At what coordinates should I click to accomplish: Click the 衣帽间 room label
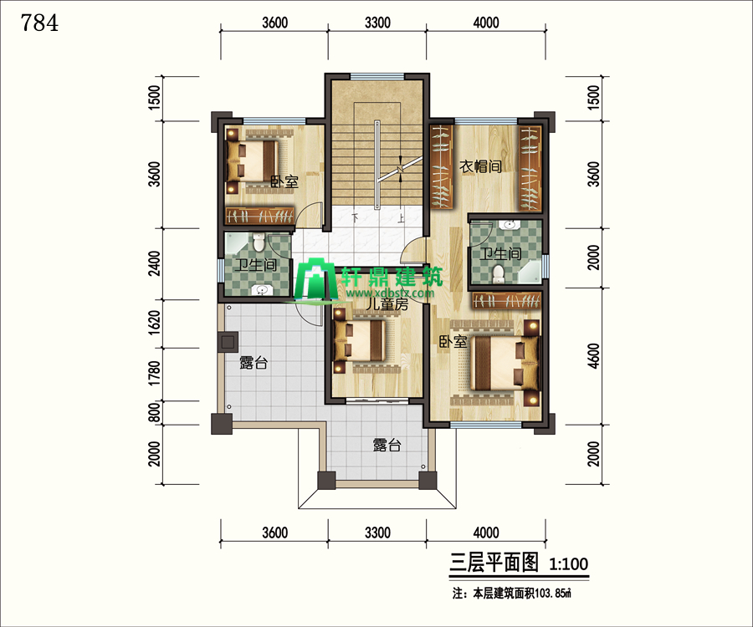(x=481, y=166)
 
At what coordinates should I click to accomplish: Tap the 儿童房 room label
(x=387, y=303)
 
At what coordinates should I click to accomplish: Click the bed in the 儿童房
(x=361, y=341)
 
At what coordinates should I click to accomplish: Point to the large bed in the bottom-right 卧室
(x=505, y=363)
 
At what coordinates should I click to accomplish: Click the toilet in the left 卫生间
(x=259, y=242)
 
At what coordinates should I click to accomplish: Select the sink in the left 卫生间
(x=262, y=290)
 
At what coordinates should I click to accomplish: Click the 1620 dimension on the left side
(x=154, y=323)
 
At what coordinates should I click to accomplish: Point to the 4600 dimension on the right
(x=593, y=356)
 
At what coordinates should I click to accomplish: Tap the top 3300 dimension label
(x=377, y=23)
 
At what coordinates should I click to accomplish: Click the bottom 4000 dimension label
(x=486, y=533)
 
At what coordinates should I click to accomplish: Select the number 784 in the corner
(x=40, y=23)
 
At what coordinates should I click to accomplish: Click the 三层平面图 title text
(x=494, y=563)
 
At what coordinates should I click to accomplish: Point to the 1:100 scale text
(x=569, y=563)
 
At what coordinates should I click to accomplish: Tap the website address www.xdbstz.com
(x=389, y=293)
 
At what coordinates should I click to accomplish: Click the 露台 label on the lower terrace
(x=387, y=446)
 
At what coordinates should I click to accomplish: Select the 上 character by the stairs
(x=401, y=218)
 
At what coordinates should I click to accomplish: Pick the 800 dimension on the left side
(x=154, y=413)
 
